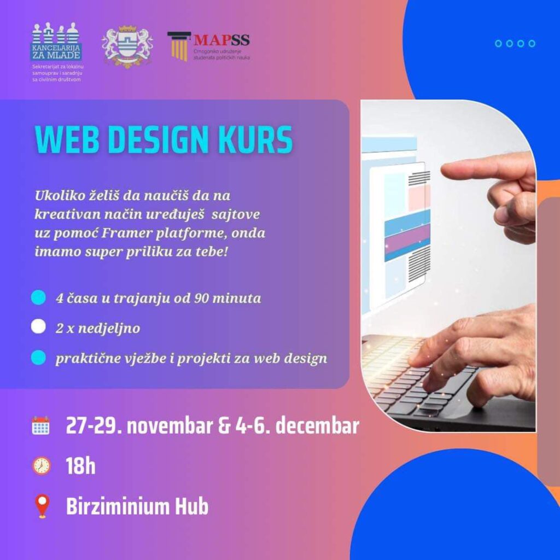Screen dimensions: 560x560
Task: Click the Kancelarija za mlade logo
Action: (56, 42)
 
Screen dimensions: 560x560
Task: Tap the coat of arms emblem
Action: (127, 46)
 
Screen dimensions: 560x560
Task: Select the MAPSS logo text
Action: (221, 40)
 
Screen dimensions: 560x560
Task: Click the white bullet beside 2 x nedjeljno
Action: (38, 326)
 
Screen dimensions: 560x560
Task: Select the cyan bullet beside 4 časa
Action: (38, 297)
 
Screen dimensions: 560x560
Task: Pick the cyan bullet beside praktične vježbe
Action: (38, 358)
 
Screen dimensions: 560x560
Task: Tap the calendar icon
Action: (40, 425)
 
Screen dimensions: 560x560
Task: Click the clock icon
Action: (42, 466)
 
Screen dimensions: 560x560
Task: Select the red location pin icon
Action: (42, 506)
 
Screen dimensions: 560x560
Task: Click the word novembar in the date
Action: (170, 427)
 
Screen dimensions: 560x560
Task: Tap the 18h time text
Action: (81, 466)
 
